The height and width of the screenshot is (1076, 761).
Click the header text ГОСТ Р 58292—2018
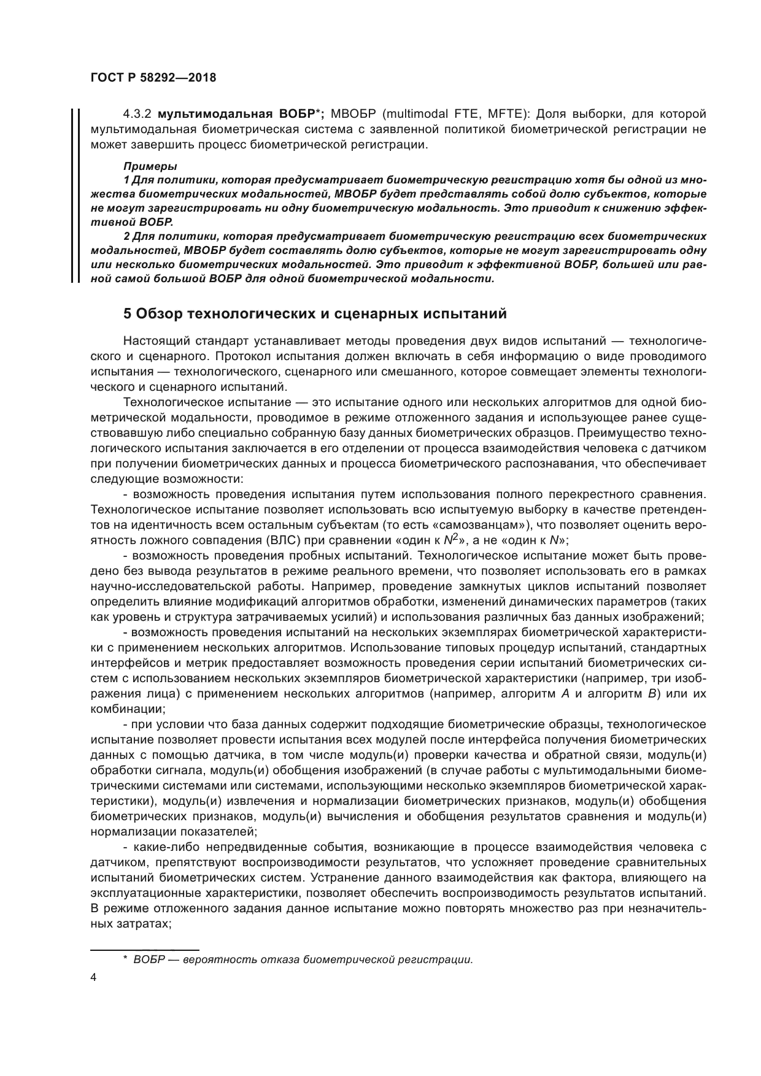pyautogui.click(x=153, y=78)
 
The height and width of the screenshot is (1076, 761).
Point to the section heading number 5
pyautogui.click(x=127, y=314)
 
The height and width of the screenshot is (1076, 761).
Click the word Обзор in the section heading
pyautogui.click(x=158, y=314)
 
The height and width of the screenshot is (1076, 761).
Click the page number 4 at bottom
pyautogui.click(x=93, y=978)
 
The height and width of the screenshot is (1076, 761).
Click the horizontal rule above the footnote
pyautogui.click(x=145, y=948)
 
